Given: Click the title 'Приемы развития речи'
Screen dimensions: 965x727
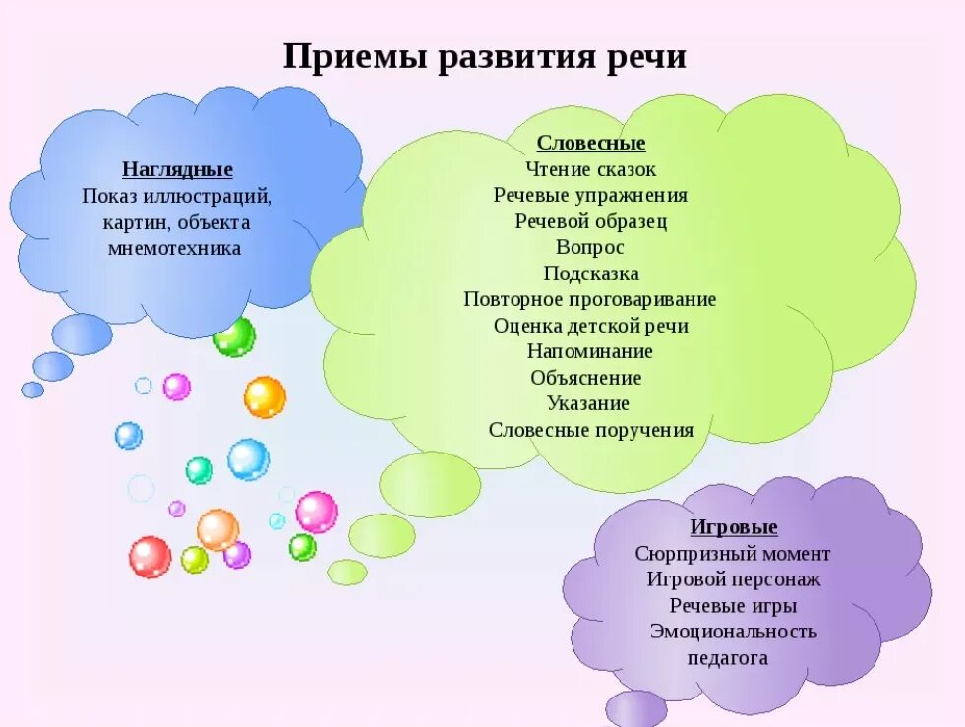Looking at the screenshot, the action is pyautogui.click(x=484, y=55).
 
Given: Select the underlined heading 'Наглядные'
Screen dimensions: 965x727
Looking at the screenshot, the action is pyautogui.click(x=177, y=169).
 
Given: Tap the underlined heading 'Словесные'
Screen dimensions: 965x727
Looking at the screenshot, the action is pyautogui.click(x=591, y=144).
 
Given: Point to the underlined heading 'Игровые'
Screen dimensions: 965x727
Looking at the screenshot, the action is pyautogui.click(x=734, y=527).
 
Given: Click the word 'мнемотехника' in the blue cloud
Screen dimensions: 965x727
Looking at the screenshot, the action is pyautogui.click(x=174, y=248).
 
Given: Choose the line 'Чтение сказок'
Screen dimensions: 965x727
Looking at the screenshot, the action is pyautogui.click(x=590, y=169).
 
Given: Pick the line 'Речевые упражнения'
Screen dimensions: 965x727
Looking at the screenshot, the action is pyautogui.click(x=590, y=195).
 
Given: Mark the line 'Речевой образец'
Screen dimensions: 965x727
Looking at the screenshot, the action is pyautogui.click(x=590, y=221).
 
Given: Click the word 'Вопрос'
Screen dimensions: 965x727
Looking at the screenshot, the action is pyautogui.click(x=590, y=247).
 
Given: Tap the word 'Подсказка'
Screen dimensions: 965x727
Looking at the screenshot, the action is pyautogui.click(x=590, y=273).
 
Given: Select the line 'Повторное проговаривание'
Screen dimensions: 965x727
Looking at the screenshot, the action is pyautogui.click(x=590, y=299).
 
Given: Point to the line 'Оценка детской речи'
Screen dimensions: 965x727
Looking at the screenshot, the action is pyautogui.click(x=590, y=326).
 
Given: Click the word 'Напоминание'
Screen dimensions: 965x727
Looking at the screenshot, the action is pyautogui.click(x=589, y=351).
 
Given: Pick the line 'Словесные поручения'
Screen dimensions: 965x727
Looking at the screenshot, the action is pyautogui.click(x=591, y=430).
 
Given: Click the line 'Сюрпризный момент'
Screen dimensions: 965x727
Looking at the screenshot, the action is pyautogui.click(x=733, y=554).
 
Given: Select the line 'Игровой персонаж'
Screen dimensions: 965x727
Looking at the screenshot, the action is pyautogui.click(x=733, y=579).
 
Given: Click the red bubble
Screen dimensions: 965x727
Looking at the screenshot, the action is pyautogui.click(x=150, y=557).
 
